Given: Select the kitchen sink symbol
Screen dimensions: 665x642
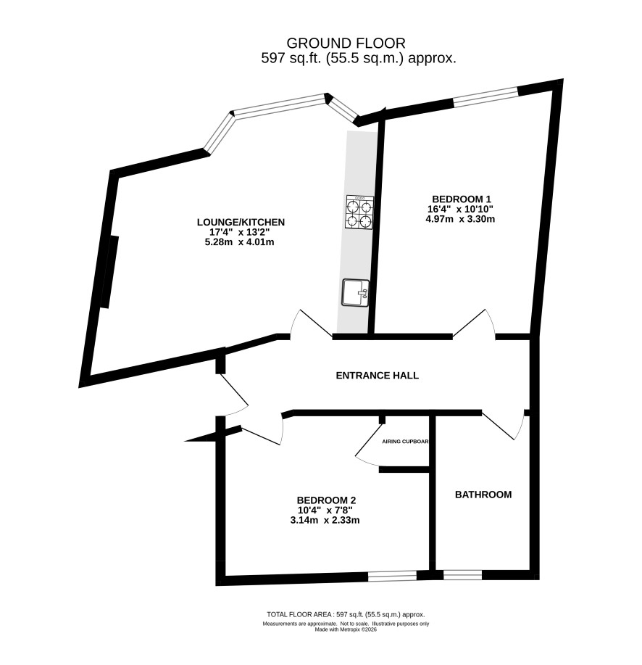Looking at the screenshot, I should [356, 293].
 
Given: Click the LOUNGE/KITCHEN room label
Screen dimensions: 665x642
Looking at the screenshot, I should [240, 222].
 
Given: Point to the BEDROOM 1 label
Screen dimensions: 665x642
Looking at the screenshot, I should [462, 199].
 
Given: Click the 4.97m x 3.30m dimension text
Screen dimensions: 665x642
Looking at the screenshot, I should [462, 219].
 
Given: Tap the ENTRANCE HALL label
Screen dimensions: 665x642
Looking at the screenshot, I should [378, 376].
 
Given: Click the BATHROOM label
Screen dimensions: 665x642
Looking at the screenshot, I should [483, 495].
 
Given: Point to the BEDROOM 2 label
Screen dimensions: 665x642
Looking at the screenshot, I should [326, 500].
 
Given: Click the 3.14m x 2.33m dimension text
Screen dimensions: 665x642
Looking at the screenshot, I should [326, 520].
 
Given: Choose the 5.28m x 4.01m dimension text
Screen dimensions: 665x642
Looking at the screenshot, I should [240, 242].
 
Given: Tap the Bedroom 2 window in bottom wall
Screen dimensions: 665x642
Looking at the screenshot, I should [392, 576].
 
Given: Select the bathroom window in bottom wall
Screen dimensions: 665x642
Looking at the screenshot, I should [462, 575].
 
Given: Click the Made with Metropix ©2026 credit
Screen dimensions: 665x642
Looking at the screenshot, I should [346, 629].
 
